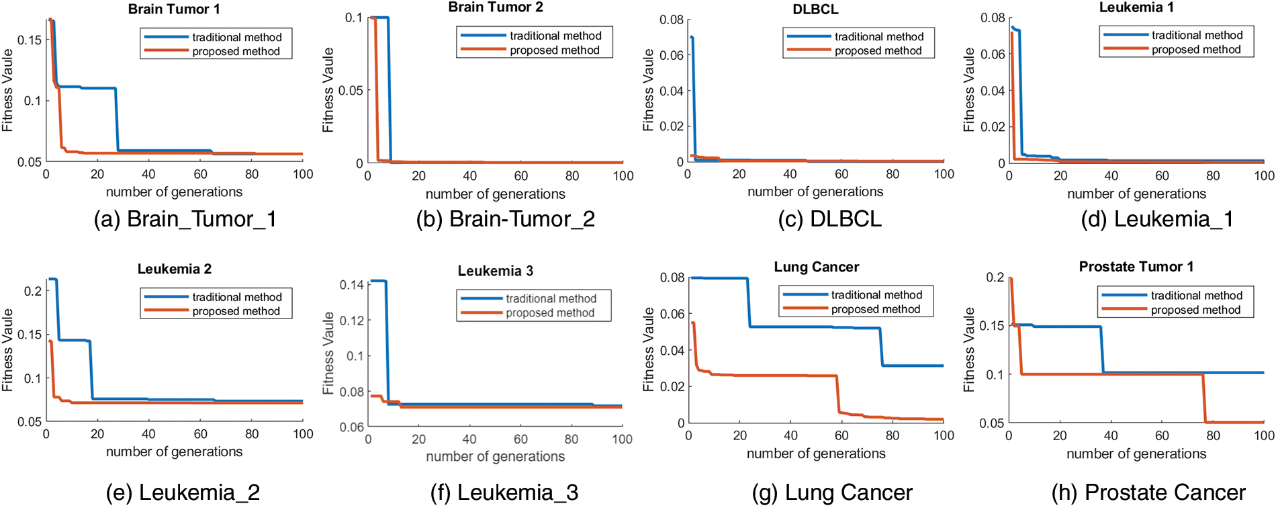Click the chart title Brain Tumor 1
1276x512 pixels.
point(174,9)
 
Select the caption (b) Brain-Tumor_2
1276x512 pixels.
point(505,219)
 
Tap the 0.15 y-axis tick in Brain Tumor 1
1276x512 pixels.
point(29,40)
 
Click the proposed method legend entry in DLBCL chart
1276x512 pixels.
point(878,51)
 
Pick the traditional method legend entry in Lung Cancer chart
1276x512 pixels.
point(876,295)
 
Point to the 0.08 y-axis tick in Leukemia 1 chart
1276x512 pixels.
point(993,18)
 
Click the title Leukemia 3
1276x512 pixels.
point(495,271)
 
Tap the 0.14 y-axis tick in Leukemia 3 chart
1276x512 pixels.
point(352,285)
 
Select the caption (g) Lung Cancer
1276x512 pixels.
point(832,493)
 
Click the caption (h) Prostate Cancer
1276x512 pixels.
point(1148,493)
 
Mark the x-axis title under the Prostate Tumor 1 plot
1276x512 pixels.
point(1136,454)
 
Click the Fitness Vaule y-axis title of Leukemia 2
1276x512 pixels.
point(7,349)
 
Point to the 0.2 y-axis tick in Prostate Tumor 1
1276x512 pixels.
point(995,278)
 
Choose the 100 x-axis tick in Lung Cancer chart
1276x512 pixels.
point(944,435)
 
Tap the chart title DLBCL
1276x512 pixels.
point(815,9)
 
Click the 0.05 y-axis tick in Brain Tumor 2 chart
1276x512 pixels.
point(351,91)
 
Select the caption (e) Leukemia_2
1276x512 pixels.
point(183,493)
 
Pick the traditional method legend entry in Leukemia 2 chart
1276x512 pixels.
point(236,297)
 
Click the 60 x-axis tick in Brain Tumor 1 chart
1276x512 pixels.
point(200,175)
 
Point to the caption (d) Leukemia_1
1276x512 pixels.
point(1157,219)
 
